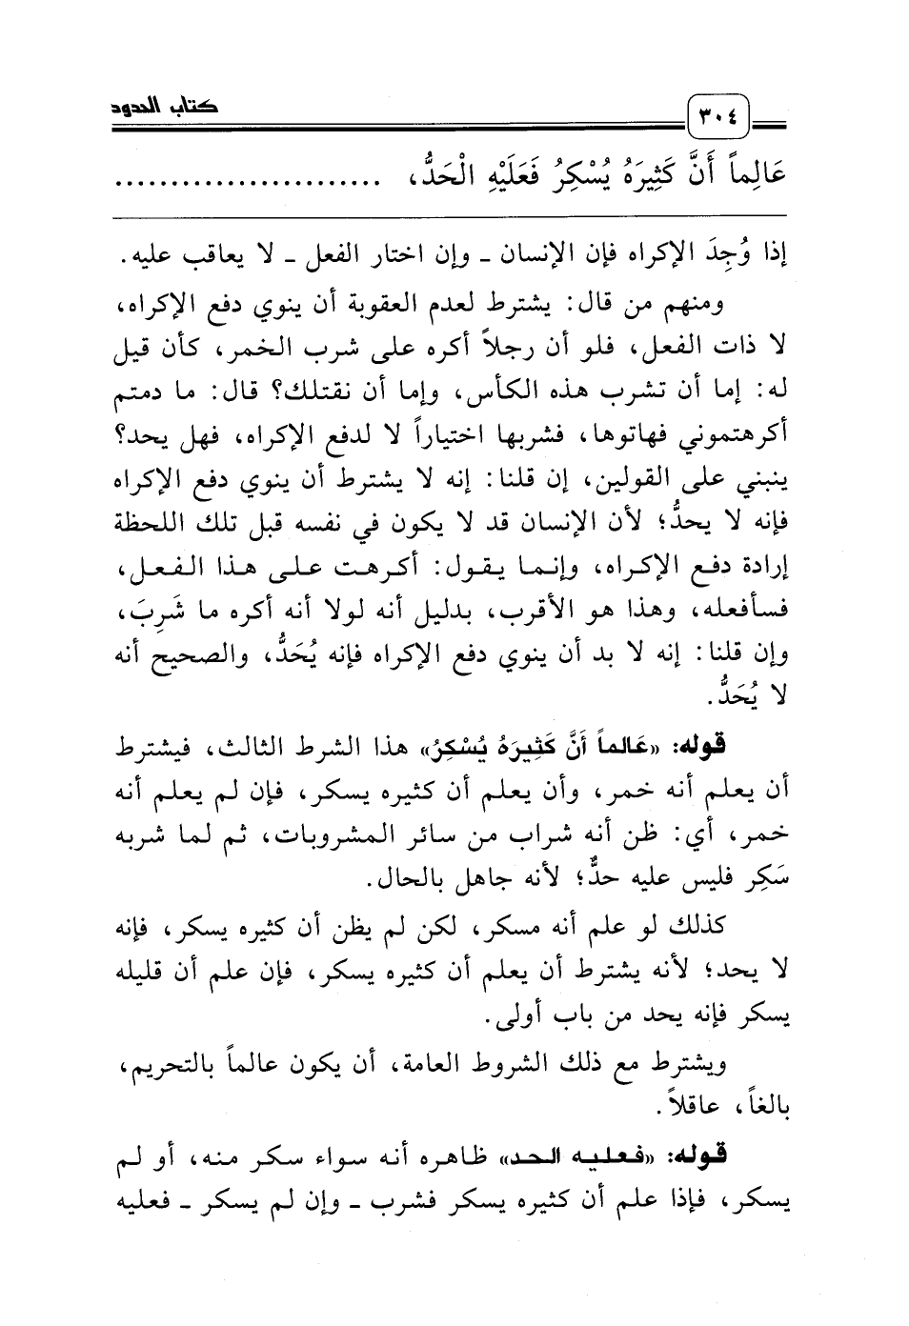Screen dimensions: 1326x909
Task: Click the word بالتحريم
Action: coord(191,1064)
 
